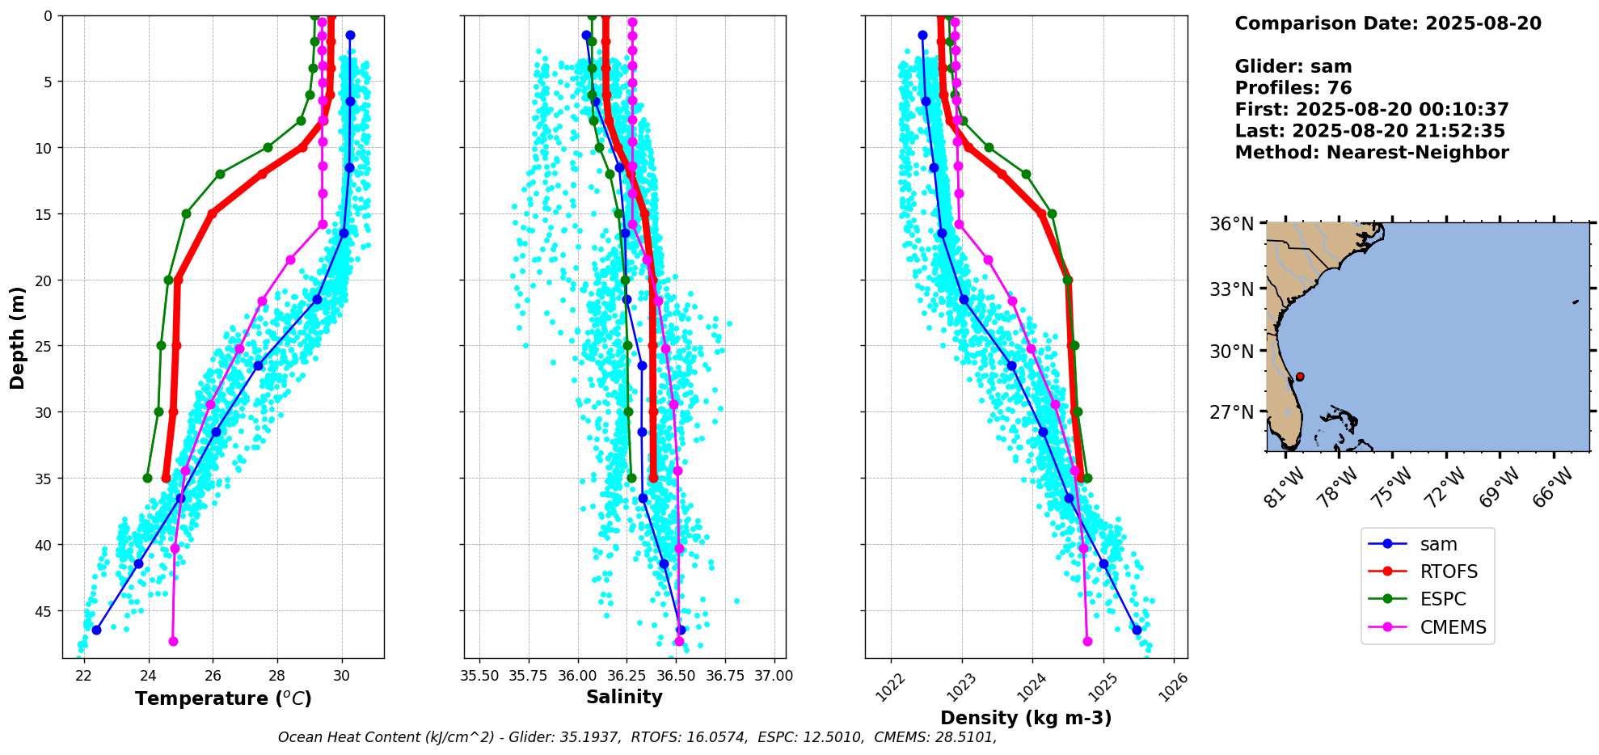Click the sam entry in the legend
1438,545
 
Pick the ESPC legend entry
1443,600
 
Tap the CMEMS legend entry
1453,627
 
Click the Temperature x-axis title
223,698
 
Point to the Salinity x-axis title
624,698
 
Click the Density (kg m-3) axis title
1026,718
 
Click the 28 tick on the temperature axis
277,676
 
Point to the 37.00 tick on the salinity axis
774,676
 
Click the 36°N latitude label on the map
1231,224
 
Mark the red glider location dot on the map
1300,377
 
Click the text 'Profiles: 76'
1293,88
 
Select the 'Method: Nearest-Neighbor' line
1371,153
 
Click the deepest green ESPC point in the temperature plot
147,478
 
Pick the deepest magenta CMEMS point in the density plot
1087,641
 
